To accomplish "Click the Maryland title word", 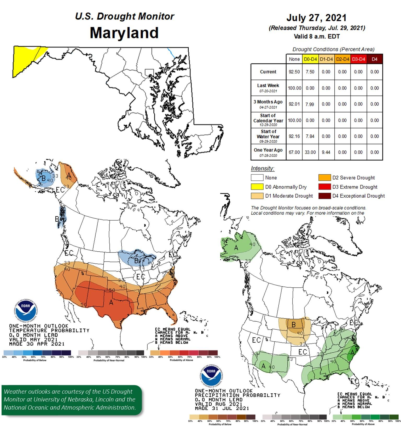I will point(124,33).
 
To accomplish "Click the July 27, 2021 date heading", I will point(316,18).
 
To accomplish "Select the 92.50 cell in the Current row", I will point(294,72).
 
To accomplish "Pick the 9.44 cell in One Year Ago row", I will point(326,152).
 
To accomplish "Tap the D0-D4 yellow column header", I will point(310,59).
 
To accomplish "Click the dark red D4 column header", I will point(374,59).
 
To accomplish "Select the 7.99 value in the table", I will point(310,104).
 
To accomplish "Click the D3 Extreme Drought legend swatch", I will point(324,187).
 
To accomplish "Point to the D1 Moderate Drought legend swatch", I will point(257,196).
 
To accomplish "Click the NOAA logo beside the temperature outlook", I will point(25,309).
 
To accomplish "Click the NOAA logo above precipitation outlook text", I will point(211,374).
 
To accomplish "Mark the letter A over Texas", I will point(111,303).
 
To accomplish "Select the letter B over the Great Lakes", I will point(136,261).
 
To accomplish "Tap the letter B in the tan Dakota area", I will point(293,324).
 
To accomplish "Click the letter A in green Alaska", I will point(236,247).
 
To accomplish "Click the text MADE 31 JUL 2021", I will point(222,408).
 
